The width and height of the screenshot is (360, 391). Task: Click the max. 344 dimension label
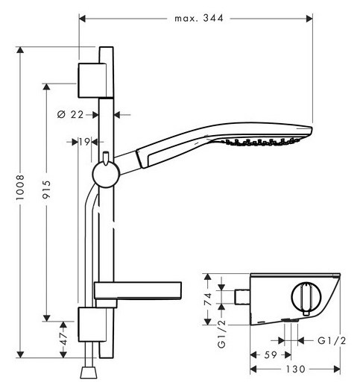(199, 18)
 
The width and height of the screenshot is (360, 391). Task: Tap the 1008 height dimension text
(20, 187)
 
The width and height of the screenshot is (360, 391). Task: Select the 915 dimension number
(46, 190)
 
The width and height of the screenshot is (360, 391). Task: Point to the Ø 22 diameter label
(70, 115)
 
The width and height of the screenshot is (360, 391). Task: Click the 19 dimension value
(84, 142)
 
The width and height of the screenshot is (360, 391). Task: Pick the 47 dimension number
(63, 339)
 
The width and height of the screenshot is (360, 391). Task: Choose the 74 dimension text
(207, 299)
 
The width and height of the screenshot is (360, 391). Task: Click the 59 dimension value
(271, 354)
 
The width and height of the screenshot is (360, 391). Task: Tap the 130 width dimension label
(295, 369)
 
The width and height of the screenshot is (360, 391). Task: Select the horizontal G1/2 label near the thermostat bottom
(332, 340)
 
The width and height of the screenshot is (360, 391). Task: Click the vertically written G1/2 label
(221, 334)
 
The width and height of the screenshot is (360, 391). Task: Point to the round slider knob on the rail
(106, 174)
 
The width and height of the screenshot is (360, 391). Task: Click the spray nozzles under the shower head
(262, 142)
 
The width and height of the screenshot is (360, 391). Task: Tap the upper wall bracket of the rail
(92, 81)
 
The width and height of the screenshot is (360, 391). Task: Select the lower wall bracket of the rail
(92, 325)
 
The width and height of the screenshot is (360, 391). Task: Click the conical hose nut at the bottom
(89, 372)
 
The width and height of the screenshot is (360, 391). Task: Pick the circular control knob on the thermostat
(306, 298)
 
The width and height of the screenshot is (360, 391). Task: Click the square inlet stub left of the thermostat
(242, 297)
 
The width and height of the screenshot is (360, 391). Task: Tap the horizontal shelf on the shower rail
(138, 290)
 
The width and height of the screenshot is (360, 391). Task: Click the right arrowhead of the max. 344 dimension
(309, 19)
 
